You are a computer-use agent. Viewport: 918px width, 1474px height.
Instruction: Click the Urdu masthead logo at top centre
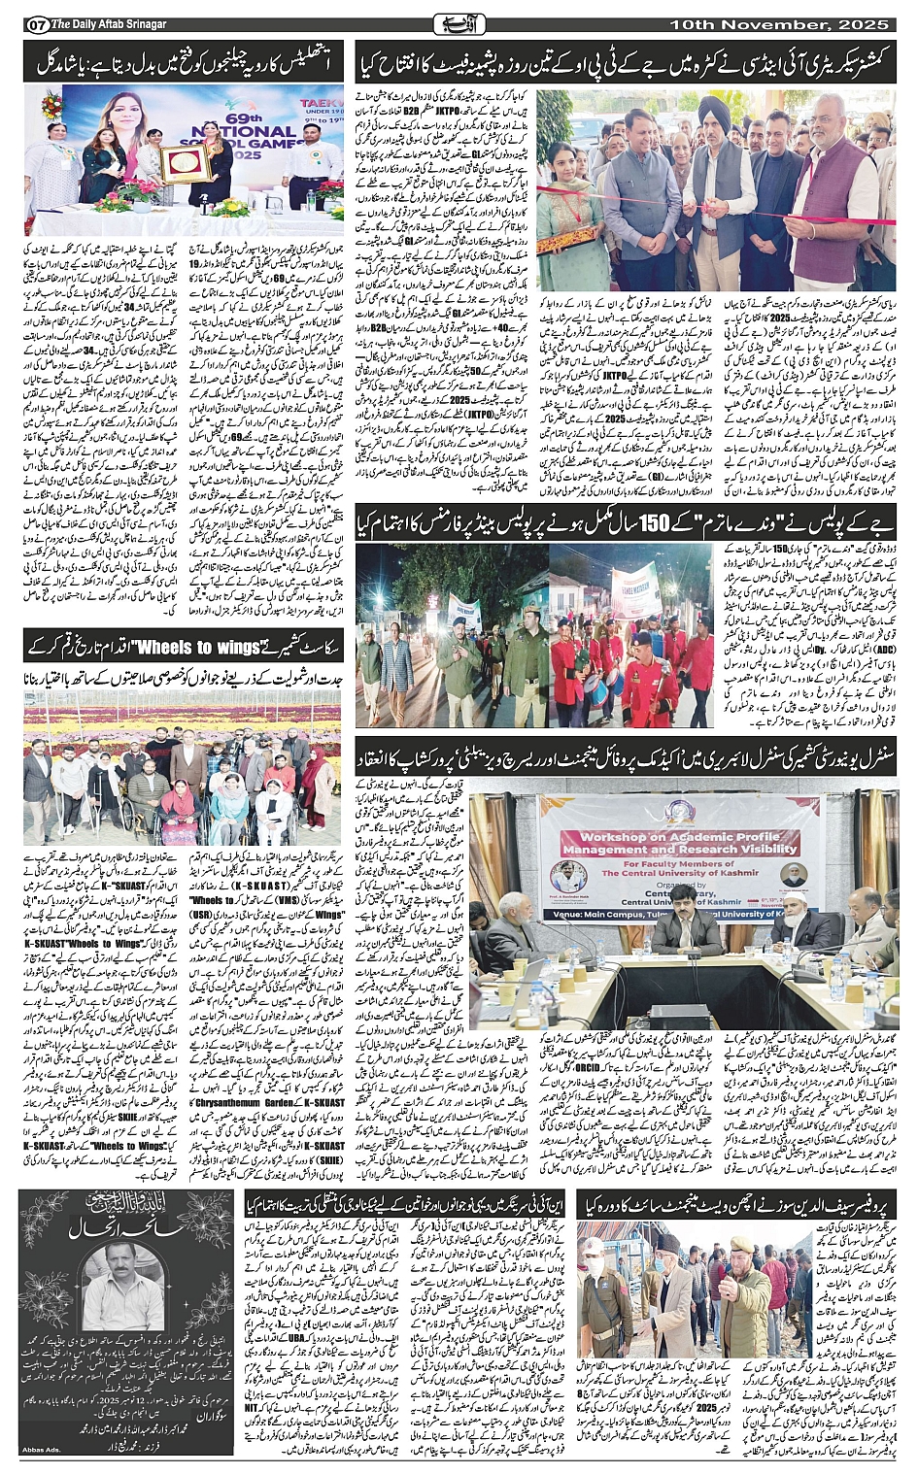459,22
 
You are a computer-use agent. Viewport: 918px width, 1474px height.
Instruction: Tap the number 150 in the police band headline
646,523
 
